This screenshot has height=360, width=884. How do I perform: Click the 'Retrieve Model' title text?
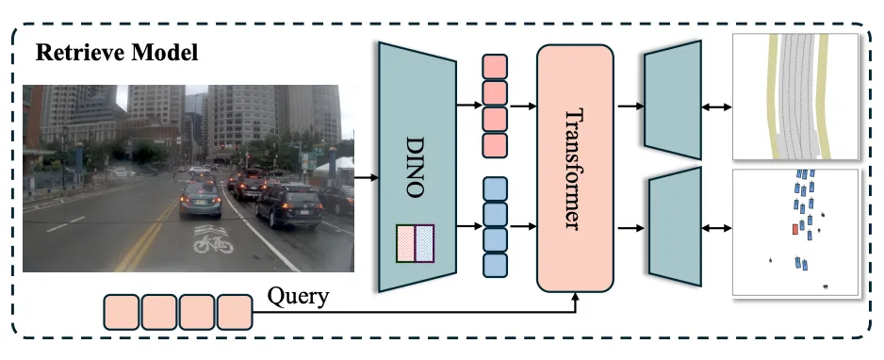pos(117,53)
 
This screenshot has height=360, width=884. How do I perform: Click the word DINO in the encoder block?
pos(415,166)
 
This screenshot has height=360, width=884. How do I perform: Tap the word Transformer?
pos(573,169)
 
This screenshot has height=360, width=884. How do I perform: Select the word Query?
pos(298,296)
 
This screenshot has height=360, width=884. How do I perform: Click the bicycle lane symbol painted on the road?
pos(213,239)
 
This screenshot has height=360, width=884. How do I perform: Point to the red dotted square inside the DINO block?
pos(406,243)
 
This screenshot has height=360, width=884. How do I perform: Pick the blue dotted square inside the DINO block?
pos(424,243)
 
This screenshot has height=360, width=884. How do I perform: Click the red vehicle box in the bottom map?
pos(794,229)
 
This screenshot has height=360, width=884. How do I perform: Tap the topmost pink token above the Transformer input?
pos(495,66)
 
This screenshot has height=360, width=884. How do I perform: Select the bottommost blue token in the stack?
pos(495,265)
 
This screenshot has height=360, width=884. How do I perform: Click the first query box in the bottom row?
pos(121,312)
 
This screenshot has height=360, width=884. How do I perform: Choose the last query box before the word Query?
pos(235,312)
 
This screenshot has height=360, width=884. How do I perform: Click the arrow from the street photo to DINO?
pos(367,178)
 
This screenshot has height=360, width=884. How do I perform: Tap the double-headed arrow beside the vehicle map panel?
pos(716,228)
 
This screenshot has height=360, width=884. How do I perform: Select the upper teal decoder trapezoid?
pos(673,100)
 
